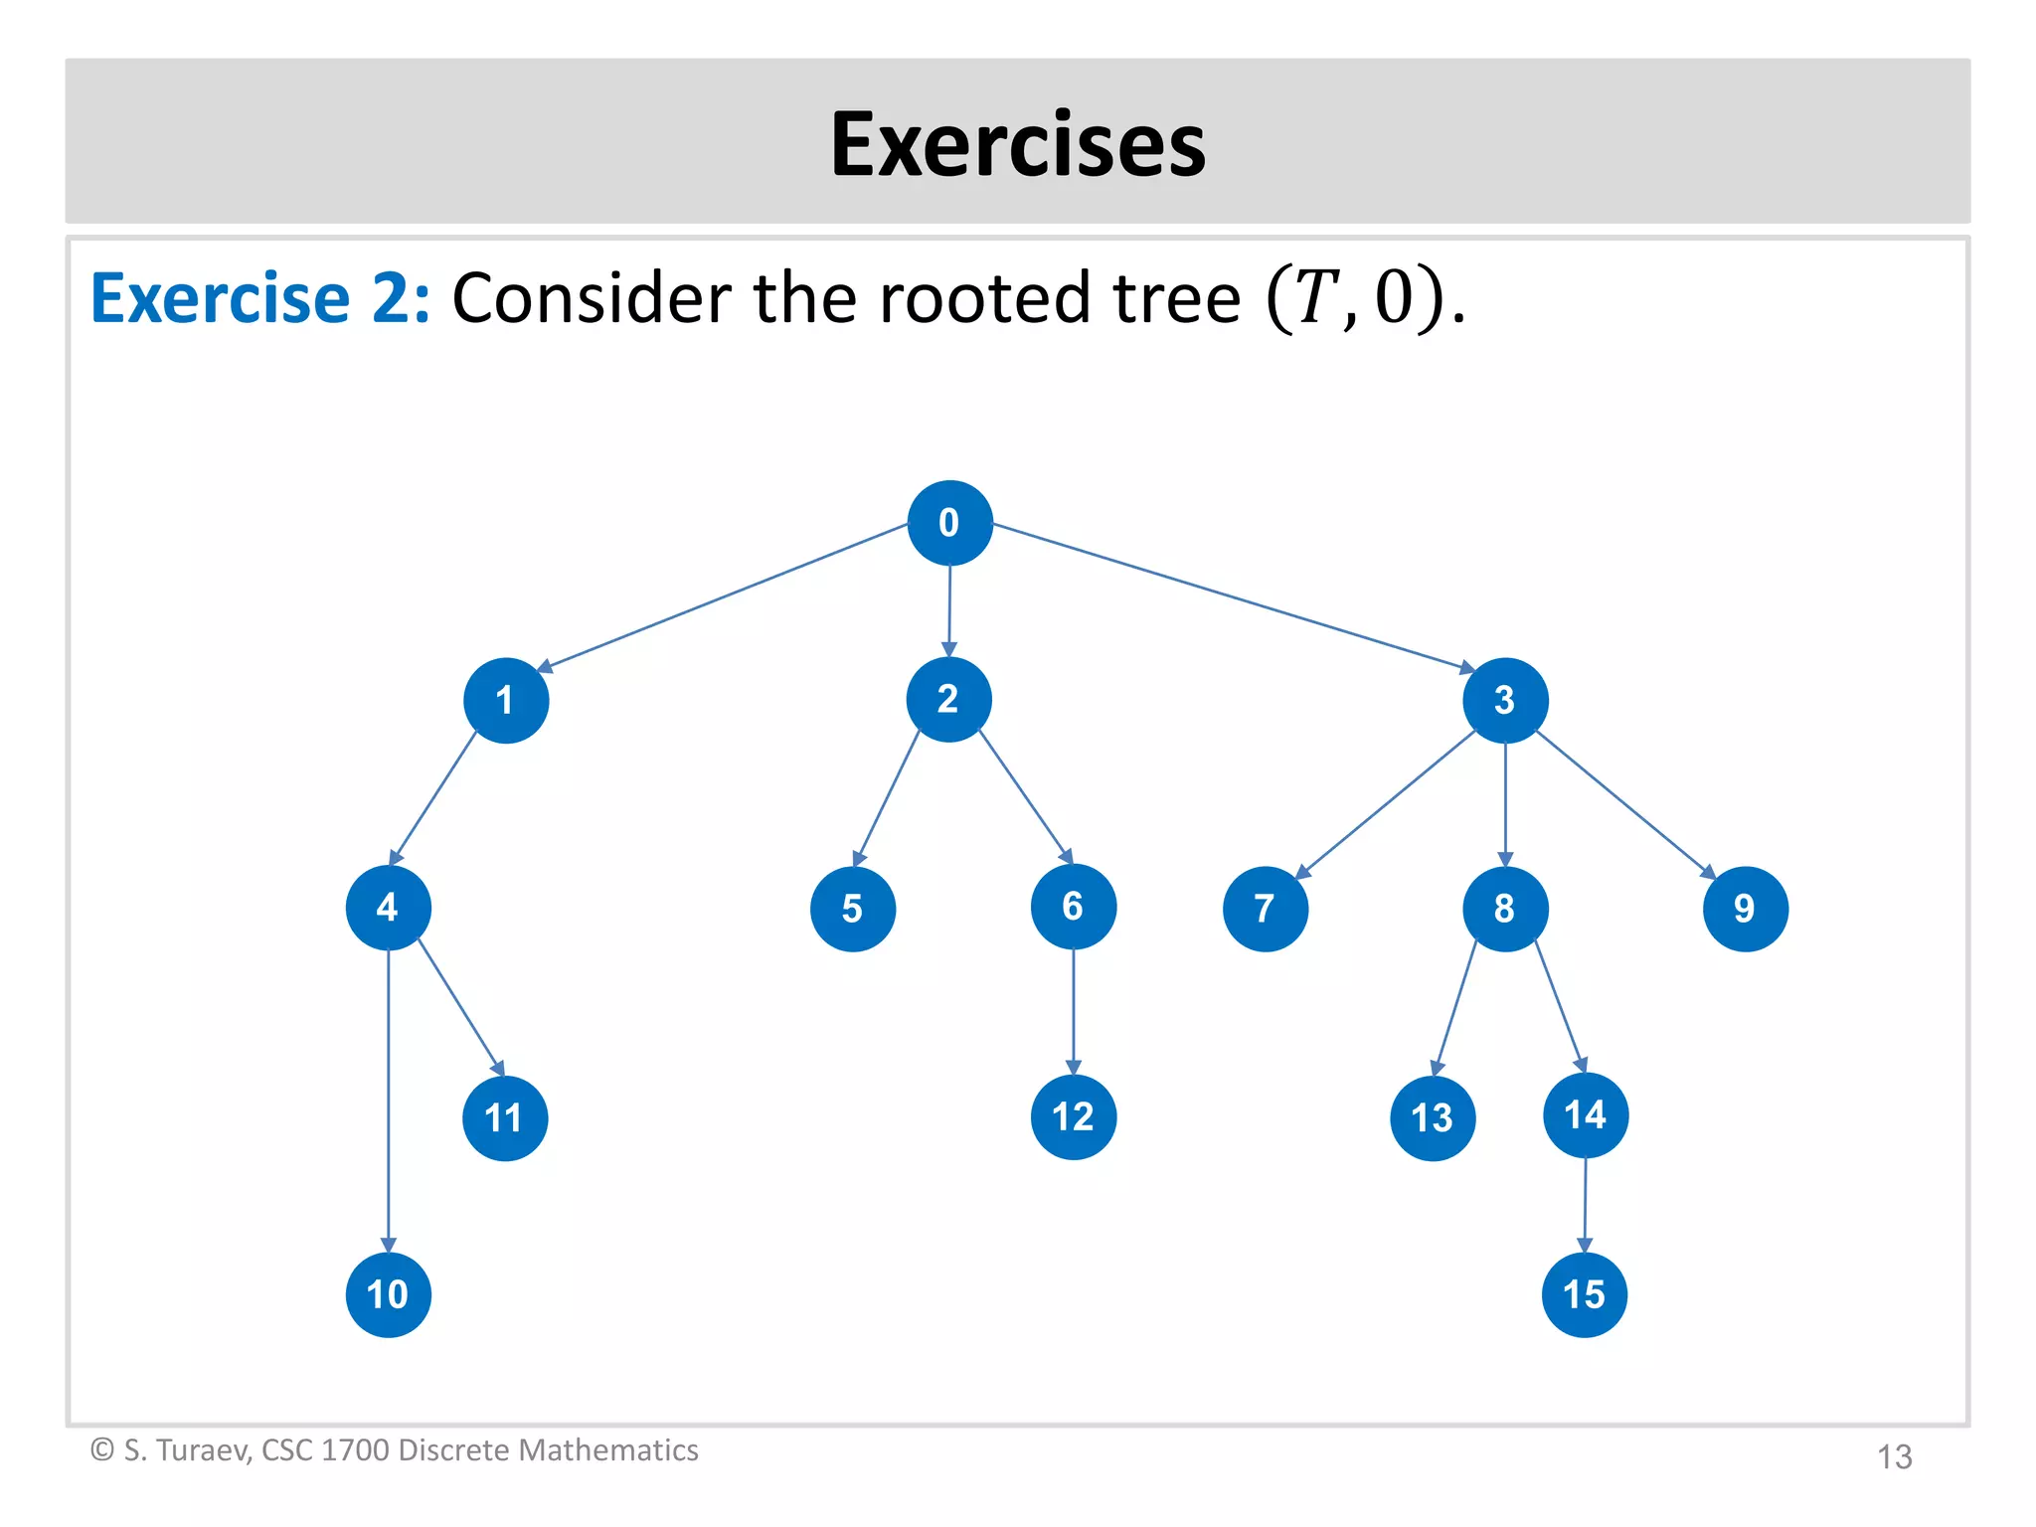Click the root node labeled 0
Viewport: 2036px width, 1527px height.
[949, 523]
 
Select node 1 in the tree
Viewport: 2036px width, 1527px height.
[506, 700]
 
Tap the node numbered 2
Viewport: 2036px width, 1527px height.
[948, 699]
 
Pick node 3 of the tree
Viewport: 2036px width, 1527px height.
[1505, 700]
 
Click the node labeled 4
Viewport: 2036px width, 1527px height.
[388, 907]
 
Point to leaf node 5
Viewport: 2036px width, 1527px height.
[853, 909]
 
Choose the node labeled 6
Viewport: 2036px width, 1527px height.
[1074, 907]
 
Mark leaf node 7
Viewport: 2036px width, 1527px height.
[1266, 909]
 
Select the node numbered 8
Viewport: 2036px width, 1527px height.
[1505, 909]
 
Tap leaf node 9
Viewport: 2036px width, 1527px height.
[1746, 909]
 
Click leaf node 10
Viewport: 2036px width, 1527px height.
[388, 1294]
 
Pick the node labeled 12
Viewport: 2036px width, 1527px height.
[1074, 1116]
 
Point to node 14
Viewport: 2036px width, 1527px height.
[1586, 1114]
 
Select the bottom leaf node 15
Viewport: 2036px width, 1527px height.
[1585, 1294]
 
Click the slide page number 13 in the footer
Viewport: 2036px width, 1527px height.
[1894, 1456]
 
